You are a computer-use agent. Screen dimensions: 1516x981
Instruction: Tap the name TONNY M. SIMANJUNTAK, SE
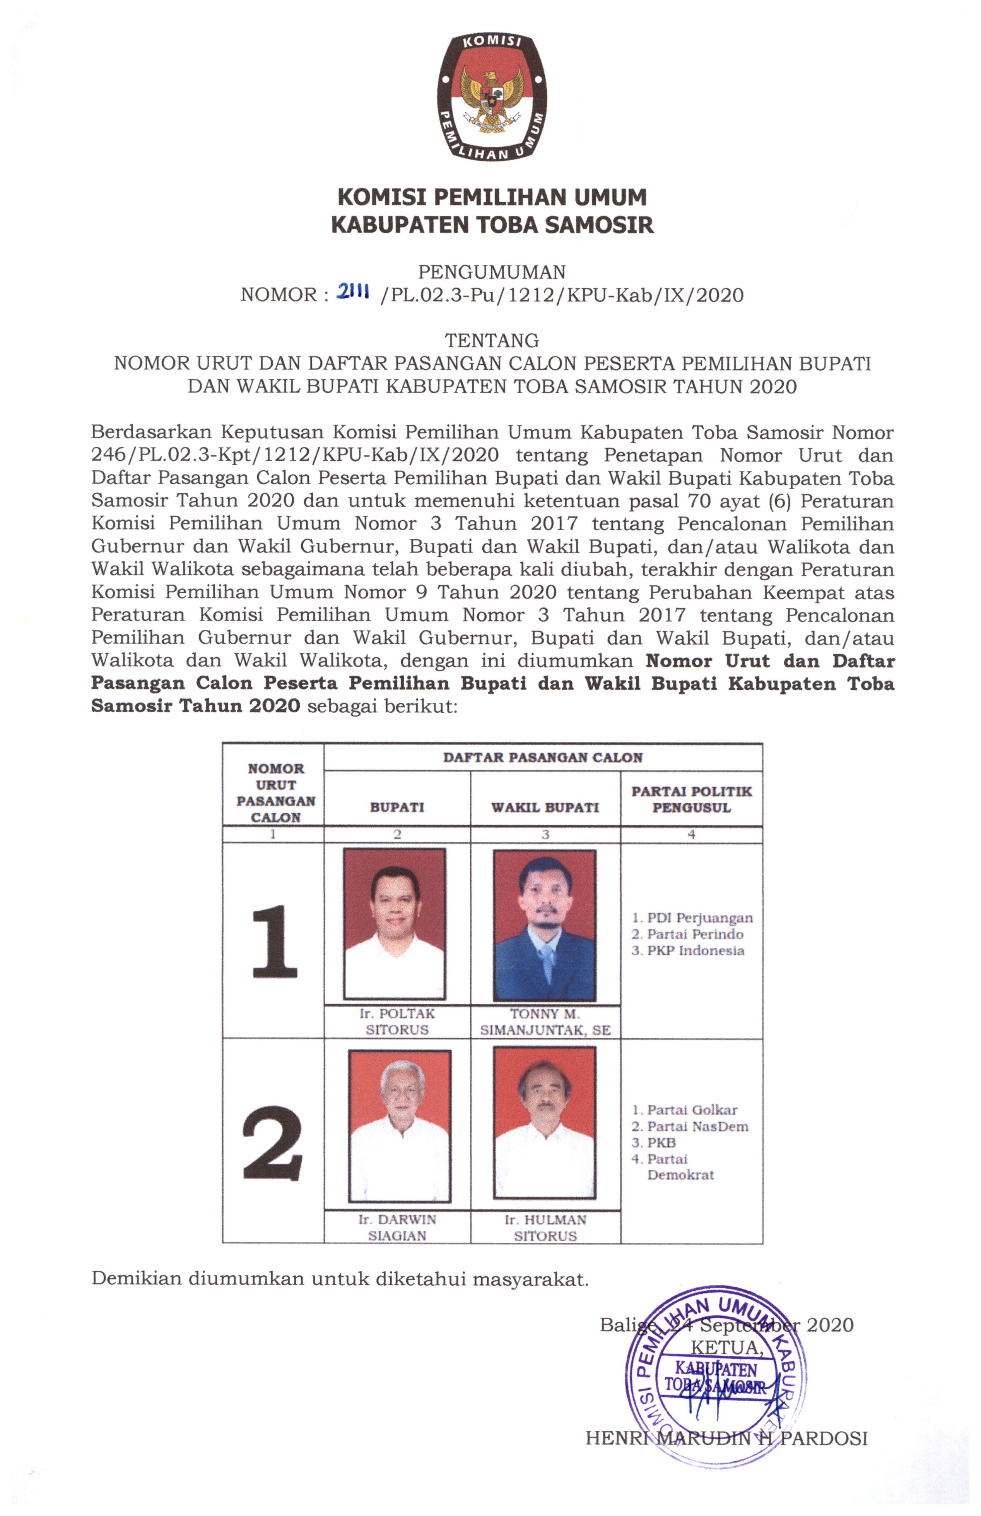click(545, 1022)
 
